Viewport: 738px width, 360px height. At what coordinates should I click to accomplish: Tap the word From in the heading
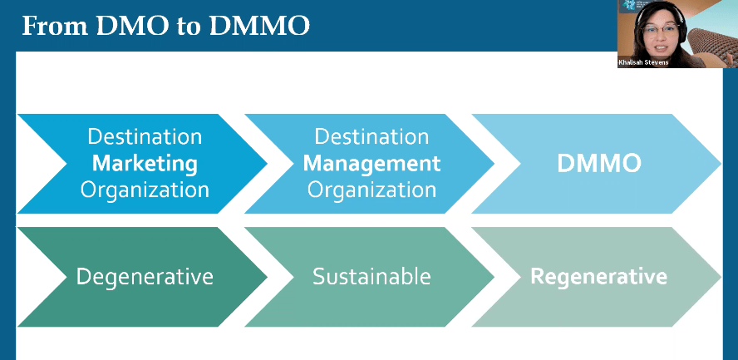pos(52,26)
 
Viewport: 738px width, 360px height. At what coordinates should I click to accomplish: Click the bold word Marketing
pos(145,162)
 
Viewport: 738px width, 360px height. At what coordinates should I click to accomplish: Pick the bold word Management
pos(371,162)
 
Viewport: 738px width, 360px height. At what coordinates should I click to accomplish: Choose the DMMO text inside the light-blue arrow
pos(598,164)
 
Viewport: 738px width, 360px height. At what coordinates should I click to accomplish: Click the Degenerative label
pos(145,276)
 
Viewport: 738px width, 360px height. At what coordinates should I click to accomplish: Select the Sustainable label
pos(371,276)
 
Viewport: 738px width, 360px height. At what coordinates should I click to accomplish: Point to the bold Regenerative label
pos(598,276)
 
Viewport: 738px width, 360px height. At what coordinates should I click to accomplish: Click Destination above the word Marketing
pos(145,136)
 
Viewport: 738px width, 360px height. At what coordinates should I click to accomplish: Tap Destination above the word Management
pos(371,136)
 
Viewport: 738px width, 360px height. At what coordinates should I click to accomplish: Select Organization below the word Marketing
pos(145,189)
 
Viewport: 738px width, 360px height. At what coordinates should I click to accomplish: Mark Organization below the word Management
pos(371,189)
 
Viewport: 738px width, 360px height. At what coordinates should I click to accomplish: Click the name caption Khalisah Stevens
pos(644,62)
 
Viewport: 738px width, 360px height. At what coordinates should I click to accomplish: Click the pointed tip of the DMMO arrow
pos(720,164)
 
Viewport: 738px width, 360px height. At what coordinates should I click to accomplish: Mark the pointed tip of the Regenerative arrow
pos(720,276)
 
